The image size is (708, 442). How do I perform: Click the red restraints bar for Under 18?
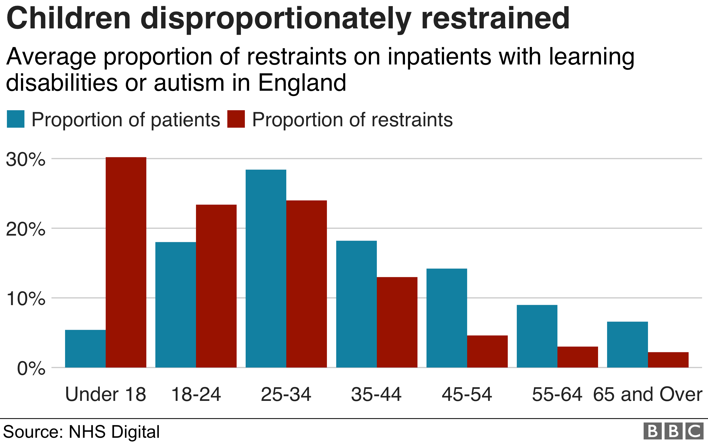(126, 262)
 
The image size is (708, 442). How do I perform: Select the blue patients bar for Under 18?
(85, 348)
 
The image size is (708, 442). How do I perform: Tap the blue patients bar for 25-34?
(266, 268)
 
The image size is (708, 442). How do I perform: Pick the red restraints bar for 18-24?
(216, 286)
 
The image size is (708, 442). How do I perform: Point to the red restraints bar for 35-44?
(397, 322)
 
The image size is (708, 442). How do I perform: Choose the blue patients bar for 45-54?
(447, 318)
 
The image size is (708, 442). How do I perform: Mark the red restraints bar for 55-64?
(578, 357)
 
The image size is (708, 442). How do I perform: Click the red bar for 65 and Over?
(668, 359)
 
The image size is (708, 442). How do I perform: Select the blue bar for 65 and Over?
(628, 344)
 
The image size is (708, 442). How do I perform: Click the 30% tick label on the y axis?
(26, 160)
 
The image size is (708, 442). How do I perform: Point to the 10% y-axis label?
(26, 299)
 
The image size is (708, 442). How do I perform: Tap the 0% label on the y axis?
(31, 368)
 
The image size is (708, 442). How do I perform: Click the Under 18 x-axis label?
(105, 394)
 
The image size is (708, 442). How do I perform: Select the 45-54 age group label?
(467, 394)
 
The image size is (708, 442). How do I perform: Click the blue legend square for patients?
(15, 119)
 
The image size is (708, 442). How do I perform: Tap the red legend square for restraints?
(236, 119)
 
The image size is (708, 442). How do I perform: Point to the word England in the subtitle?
(302, 83)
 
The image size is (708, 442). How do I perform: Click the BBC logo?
(674, 431)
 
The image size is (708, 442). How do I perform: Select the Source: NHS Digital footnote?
(81, 431)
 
